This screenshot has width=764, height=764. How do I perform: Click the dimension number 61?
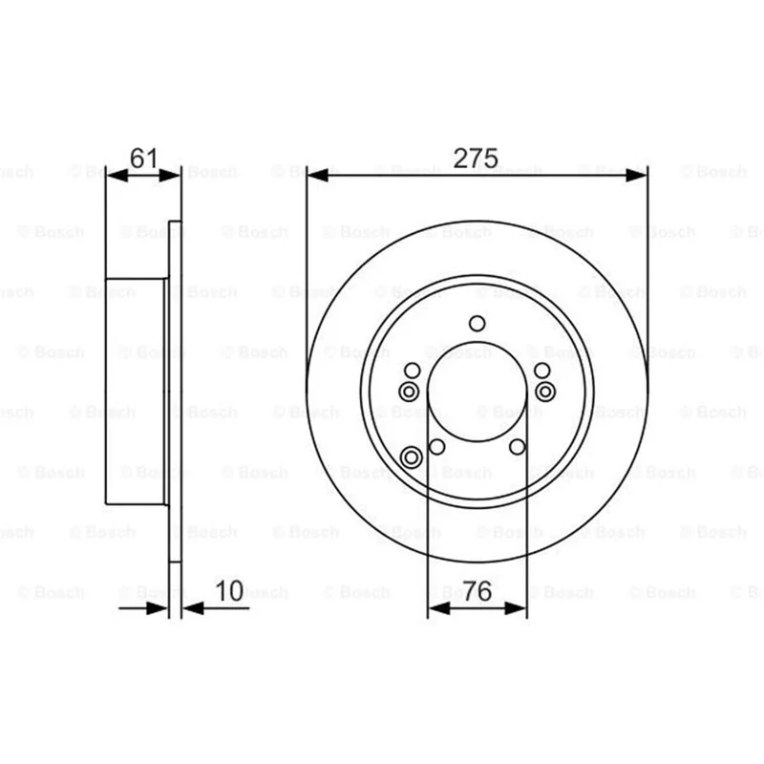coord(144,158)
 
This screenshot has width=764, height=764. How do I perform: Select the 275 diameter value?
coord(476,158)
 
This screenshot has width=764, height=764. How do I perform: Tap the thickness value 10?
coord(229,590)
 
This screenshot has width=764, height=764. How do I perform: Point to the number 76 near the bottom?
coord(477,591)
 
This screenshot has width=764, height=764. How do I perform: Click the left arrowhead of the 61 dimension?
coord(117,175)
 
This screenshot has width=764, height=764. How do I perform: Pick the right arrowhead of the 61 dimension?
coord(170,175)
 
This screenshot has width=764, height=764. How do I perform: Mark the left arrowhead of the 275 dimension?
coord(318,175)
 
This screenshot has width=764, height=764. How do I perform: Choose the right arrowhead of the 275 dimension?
coord(636,175)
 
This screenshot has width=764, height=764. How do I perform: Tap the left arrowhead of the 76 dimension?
coord(438,608)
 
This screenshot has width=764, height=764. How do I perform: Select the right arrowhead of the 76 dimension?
coord(516,608)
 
